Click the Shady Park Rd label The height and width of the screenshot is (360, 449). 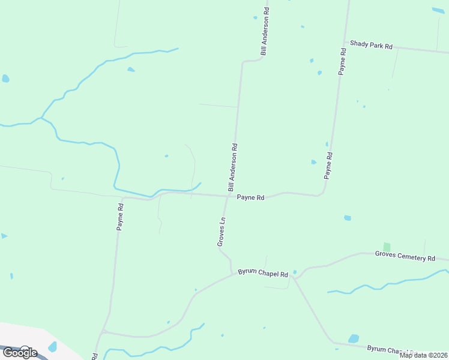(x=371, y=46)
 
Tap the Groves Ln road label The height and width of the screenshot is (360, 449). (x=221, y=232)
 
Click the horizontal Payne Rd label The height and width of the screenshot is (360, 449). (x=250, y=197)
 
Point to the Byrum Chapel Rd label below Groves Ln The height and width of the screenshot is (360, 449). (x=263, y=274)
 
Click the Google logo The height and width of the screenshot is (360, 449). (x=19, y=352)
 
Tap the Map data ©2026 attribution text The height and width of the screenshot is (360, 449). (x=424, y=355)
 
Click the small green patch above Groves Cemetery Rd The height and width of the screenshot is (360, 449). (x=387, y=247)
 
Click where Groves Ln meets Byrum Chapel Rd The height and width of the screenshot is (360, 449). (x=232, y=275)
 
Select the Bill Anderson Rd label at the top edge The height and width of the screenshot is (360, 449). (x=264, y=32)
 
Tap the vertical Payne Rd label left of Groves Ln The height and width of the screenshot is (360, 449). (x=120, y=217)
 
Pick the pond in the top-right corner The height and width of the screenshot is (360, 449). (x=438, y=11)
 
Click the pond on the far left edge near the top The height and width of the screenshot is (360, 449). (x=5, y=78)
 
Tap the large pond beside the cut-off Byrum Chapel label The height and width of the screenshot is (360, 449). (x=353, y=338)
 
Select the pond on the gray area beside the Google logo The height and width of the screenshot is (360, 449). (x=52, y=347)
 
